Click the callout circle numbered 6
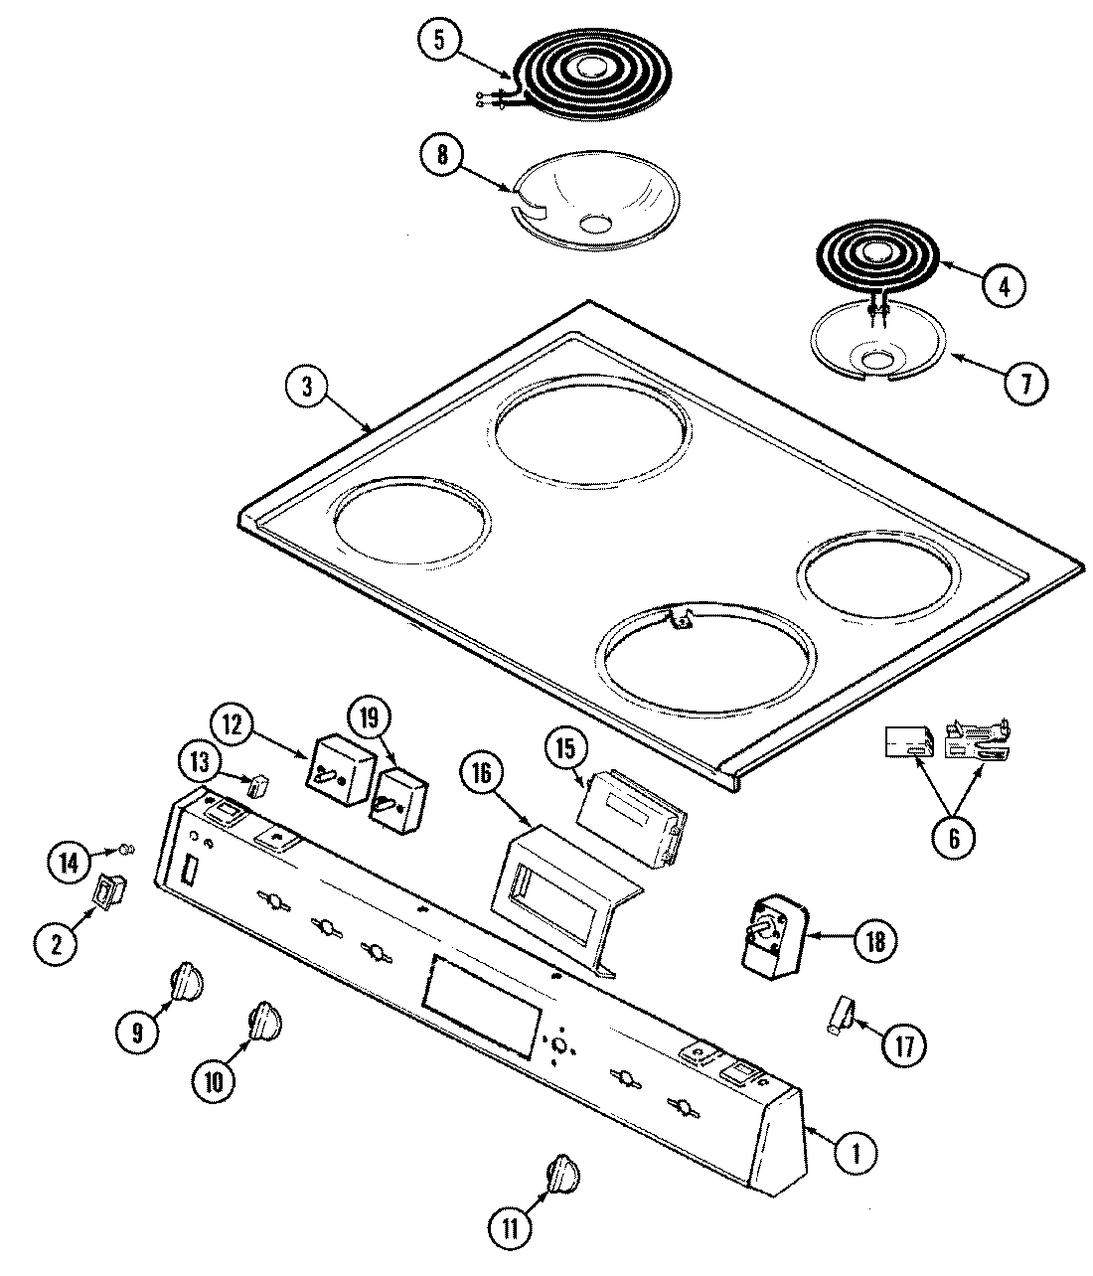[953, 838]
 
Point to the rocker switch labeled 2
[109, 891]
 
